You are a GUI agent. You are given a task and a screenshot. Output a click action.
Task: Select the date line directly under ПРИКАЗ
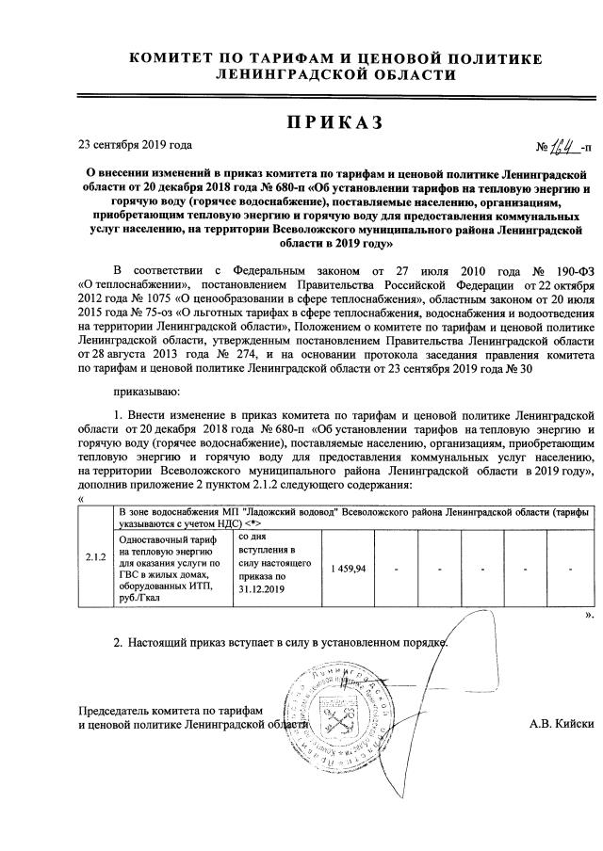[x=135, y=145]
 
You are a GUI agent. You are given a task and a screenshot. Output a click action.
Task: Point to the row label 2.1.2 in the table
[x=94, y=570]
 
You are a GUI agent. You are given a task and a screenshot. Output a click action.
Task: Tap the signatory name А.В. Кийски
[x=562, y=723]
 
